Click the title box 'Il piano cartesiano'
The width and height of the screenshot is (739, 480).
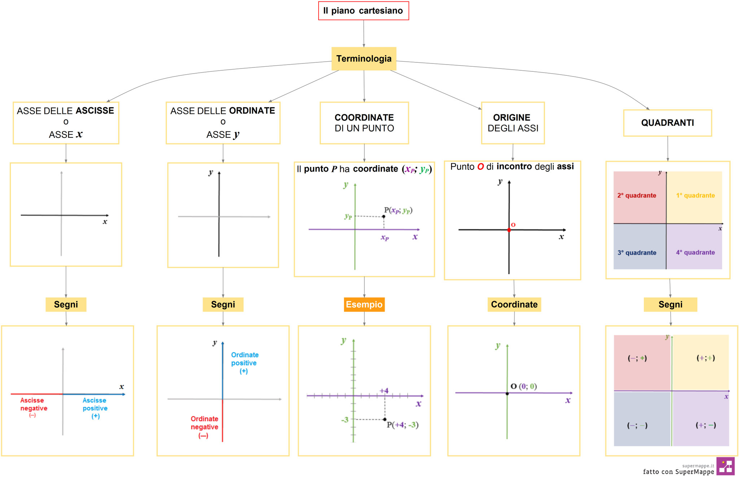(x=363, y=11)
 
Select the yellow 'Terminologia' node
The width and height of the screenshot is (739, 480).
(x=364, y=58)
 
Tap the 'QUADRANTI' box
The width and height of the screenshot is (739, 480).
(x=668, y=123)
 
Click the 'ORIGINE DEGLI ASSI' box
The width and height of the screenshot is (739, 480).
(x=513, y=123)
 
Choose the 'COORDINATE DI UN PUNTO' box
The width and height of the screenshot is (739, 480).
(x=364, y=123)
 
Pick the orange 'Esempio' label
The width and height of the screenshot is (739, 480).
(x=364, y=304)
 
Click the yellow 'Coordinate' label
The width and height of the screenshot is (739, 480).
(x=514, y=304)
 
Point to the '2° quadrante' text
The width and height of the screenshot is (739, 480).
(x=637, y=195)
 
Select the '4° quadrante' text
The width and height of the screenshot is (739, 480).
(x=695, y=252)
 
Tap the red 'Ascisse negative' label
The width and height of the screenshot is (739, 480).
(x=34, y=405)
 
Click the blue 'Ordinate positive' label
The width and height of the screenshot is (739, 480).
(x=245, y=359)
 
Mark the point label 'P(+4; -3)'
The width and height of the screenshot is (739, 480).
(x=403, y=425)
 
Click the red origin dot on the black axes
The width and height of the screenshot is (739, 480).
(x=509, y=230)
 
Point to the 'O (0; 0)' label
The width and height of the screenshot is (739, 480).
(x=524, y=386)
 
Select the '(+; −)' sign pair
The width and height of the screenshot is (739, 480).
(x=706, y=425)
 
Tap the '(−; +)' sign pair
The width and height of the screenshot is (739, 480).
(x=637, y=358)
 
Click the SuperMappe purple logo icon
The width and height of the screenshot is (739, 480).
(x=725, y=466)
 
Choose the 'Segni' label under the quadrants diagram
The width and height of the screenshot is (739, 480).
(x=670, y=304)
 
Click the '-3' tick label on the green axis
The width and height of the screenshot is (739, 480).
(x=345, y=420)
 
